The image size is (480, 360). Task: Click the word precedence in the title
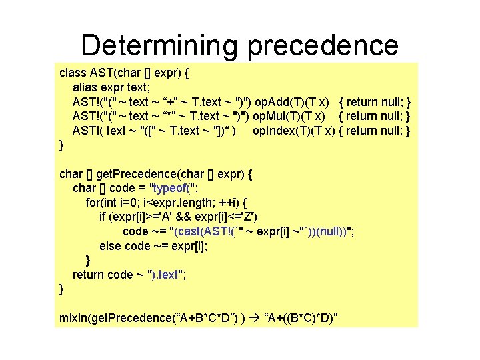point(323,45)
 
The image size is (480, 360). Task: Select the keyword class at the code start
point(73,72)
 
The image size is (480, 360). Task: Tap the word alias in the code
point(85,87)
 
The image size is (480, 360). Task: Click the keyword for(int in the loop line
point(105,203)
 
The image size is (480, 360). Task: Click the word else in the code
point(110,246)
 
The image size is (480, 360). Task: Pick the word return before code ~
point(89,275)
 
